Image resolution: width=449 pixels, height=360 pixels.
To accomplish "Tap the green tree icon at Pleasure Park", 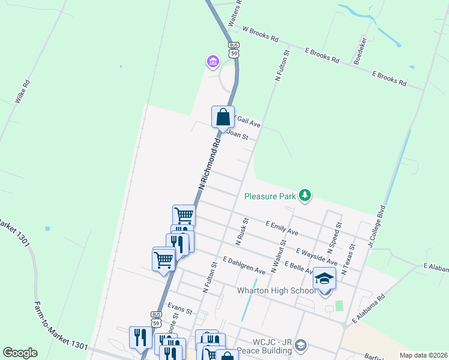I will [306, 196].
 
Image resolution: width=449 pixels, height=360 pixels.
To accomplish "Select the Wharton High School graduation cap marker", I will [324, 280].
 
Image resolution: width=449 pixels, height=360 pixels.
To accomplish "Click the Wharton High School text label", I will [276, 290].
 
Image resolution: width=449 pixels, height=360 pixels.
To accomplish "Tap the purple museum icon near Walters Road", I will [212, 61].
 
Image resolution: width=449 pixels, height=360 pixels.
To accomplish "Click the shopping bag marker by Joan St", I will [223, 116].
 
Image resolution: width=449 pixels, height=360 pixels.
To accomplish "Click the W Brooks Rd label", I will [260, 34].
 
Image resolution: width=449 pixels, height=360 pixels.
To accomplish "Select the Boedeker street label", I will [361, 52].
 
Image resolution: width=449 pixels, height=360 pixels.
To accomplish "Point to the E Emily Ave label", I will [282, 227].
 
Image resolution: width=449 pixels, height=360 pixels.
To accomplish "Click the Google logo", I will [20, 353].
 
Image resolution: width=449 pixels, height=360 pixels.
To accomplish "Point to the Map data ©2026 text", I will [423, 355].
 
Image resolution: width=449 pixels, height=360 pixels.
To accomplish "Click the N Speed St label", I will [334, 237].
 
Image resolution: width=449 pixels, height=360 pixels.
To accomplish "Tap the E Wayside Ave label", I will [317, 256].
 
